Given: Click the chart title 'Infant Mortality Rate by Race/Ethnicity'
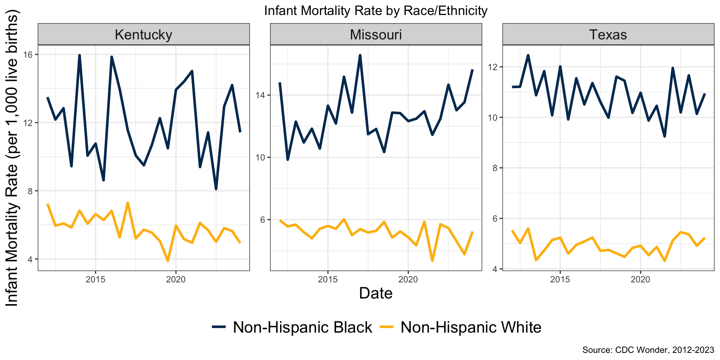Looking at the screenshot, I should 376,11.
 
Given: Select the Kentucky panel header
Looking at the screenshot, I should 144,34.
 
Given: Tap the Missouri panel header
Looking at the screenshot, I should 376,34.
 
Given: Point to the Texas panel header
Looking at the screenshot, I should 608,34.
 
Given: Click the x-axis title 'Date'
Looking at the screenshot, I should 376,293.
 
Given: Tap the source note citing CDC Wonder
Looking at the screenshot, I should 648,350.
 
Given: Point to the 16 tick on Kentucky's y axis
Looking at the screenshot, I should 30,55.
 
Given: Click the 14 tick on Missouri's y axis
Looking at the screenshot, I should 262,95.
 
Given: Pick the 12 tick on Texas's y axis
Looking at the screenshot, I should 494,67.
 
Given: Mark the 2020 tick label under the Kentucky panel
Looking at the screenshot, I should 176,280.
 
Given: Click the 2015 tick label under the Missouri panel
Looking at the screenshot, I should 328,280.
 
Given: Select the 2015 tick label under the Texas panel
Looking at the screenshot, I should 560,280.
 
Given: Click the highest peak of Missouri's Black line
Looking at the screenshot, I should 360,55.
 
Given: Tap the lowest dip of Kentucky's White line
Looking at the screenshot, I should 168,261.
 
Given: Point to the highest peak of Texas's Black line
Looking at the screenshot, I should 528,55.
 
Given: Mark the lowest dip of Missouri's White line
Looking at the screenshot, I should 432,261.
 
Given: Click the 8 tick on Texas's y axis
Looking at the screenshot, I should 495,168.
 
